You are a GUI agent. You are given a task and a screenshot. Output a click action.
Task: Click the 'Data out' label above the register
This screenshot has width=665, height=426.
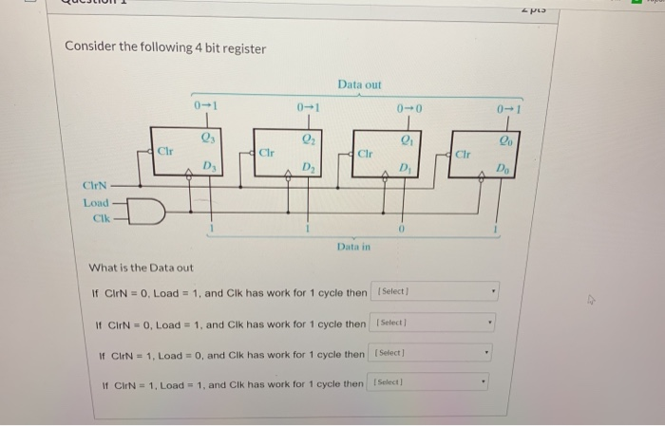[x=358, y=85]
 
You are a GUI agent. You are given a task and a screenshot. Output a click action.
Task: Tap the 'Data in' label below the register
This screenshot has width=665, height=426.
[x=351, y=247]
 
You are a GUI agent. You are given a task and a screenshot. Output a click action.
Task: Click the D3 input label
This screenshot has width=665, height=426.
[x=208, y=167]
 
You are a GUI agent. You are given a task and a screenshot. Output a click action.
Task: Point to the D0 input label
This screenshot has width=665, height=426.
[x=503, y=168]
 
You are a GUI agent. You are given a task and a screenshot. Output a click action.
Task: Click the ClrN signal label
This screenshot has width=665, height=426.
[x=96, y=185]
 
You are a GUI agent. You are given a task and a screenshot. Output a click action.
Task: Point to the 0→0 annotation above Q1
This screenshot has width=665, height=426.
[x=406, y=108]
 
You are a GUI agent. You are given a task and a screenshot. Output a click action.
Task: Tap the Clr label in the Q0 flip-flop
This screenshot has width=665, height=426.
[x=463, y=152]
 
